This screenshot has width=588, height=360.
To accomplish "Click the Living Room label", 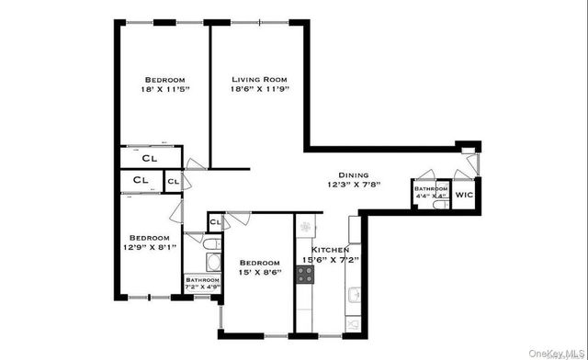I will [x=258, y=79].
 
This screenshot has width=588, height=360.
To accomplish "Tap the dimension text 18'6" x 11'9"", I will [x=258, y=90].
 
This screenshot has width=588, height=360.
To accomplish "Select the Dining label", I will [x=354, y=174].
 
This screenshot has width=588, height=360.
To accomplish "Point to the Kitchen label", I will [x=329, y=249].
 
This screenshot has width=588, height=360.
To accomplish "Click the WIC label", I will [x=464, y=196].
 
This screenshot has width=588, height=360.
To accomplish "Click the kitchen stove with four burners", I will [x=305, y=275].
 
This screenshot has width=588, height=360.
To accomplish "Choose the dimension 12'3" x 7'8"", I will [x=354, y=185].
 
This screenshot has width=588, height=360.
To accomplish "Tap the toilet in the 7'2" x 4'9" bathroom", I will [x=209, y=243].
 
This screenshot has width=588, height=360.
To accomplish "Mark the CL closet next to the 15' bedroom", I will [x=214, y=221].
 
